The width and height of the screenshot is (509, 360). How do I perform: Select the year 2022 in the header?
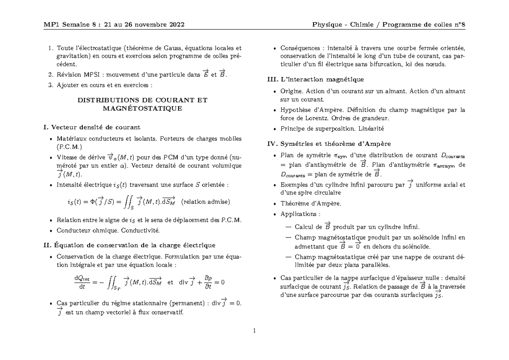[x=175, y=24]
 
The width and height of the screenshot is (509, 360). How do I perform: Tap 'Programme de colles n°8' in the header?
[x=424, y=24]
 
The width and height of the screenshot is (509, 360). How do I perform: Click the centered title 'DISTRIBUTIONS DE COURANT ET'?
[x=142, y=100]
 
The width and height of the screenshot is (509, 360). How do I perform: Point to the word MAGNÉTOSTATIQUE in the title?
[x=142, y=108]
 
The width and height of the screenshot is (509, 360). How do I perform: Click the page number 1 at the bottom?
[x=255, y=331]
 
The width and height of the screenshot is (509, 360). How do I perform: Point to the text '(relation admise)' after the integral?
[x=205, y=202]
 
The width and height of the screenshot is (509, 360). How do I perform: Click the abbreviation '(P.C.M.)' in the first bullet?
[x=71, y=146]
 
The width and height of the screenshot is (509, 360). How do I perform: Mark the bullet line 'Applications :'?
[x=301, y=214]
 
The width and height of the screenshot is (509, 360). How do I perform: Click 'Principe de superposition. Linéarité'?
[x=332, y=128]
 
